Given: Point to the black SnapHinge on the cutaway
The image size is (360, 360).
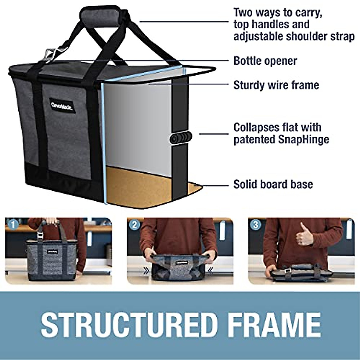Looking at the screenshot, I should point(180,138).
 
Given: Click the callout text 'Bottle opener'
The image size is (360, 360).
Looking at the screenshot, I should point(265,61).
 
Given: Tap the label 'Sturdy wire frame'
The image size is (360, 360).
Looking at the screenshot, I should point(276,85).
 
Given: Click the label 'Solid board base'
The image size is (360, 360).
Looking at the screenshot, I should point(273,184).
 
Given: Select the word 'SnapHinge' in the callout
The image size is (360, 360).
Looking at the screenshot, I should point(300,139).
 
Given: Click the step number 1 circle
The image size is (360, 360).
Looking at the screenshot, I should point(13,224).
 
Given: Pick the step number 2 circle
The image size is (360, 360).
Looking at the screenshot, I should point(134,225).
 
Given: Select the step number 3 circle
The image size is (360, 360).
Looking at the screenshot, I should point(256,225).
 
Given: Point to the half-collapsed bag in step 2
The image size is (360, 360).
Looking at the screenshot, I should point(179,267).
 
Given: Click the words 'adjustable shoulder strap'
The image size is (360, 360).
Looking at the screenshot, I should point(294,37).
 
